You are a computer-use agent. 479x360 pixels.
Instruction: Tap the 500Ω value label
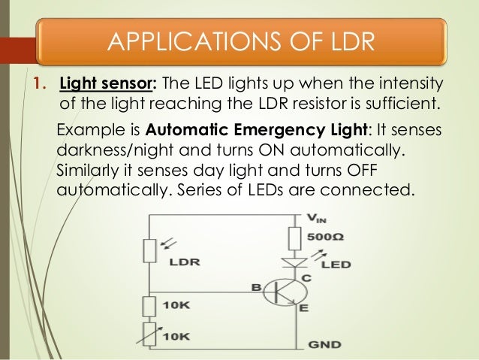click(328, 237)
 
